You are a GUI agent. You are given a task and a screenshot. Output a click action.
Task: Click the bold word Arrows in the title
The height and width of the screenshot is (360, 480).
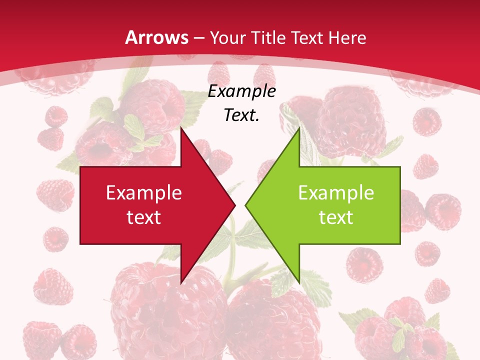(x=156, y=37)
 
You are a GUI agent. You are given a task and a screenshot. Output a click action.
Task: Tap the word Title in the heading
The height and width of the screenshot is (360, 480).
(x=267, y=37)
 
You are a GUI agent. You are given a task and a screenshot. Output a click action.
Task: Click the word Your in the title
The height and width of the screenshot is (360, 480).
(x=228, y=37)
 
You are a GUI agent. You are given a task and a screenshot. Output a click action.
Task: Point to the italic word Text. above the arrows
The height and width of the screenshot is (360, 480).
(x=241, y=115)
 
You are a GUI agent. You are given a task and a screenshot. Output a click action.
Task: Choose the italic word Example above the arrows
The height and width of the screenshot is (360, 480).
(x=241, y=91)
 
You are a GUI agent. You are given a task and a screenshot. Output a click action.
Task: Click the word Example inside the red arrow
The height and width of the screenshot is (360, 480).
(x=144, y=193)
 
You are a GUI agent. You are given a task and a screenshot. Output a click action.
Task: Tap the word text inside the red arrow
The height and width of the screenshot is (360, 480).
(x=144, y=217)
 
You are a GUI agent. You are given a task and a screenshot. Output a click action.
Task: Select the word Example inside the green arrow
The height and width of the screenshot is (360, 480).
(x=336, y=193)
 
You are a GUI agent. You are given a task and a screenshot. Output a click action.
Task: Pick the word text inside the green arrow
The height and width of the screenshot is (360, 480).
(x=336, y=217)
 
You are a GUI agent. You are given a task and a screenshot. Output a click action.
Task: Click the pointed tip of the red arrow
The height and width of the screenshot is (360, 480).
(x=235, y=205)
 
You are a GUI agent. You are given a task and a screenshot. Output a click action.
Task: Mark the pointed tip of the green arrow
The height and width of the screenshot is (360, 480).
(x=245, y=205)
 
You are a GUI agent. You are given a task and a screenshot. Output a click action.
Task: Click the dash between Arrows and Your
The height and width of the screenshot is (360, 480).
(x=197, y=38)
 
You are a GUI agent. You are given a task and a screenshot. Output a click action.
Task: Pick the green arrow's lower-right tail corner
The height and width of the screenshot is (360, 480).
(x=400, y=244)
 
